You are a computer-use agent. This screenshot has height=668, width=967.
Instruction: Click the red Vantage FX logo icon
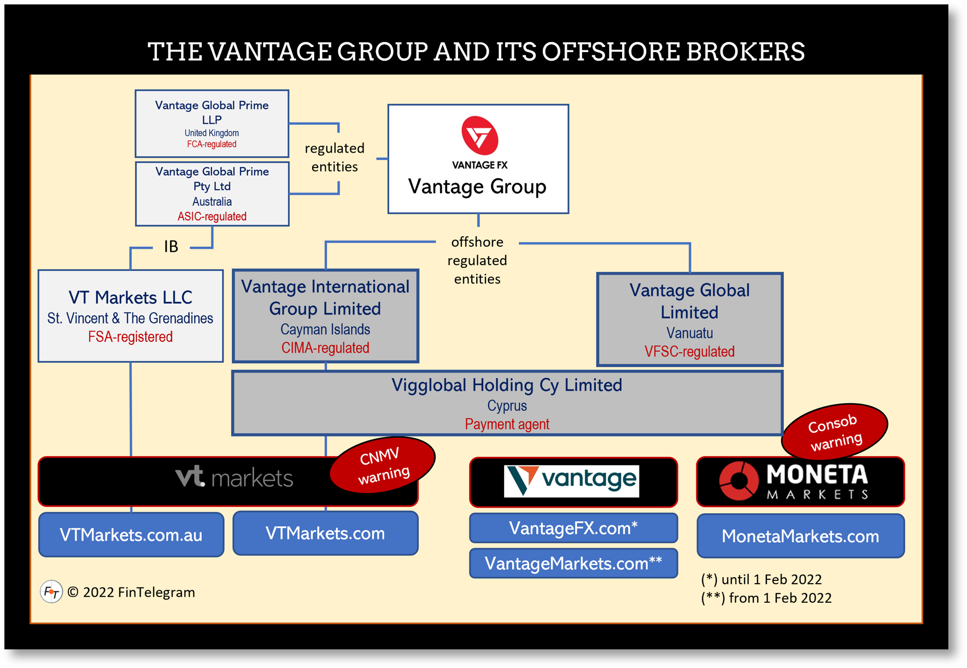coord(479,136)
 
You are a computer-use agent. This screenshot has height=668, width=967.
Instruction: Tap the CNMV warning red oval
coord(383,464)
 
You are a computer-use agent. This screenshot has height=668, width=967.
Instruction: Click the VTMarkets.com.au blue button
coord(131,535)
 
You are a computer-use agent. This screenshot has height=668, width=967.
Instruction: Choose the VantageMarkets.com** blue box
coord(573,563)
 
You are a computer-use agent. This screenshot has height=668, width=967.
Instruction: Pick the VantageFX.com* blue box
coord(573,528)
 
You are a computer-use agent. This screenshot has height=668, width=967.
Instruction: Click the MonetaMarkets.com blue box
coord(800,536)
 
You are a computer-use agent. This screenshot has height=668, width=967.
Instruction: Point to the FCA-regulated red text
coord(212,144)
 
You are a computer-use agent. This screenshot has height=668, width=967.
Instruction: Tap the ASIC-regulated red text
coord(212,217)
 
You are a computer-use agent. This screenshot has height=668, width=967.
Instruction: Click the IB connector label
coord(171,247)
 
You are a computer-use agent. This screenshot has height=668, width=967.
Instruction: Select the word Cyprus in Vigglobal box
coord(507,406)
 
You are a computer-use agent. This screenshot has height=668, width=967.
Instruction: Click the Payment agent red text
coord(507,424)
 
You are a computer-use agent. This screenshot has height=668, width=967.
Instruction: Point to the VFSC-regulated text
coord(689,351)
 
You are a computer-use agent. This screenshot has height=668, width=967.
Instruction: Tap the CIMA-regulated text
coord(325,348)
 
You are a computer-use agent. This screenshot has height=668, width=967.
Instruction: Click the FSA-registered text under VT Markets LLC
coord(130,337)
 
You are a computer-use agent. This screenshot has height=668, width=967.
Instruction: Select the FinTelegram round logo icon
coord(51,592)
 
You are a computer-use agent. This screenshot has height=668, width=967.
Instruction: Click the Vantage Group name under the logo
coord(477,187)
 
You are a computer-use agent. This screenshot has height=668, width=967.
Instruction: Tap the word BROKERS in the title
coord(745,52)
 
